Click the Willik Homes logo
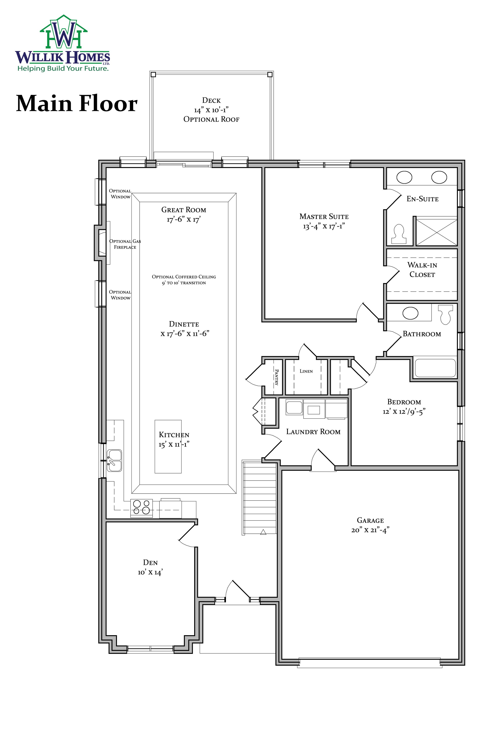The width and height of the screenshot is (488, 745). [x=63, y=43]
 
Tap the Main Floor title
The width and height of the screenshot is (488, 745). [x=77, y=103]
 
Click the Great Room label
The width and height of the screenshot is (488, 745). [x=184, y=210]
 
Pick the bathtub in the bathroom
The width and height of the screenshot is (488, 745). [x=435, y=368]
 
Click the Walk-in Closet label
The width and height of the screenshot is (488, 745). [x=422, y=269]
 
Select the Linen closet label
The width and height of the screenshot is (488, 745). [x=306, y=371]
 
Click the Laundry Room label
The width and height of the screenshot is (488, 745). [x=313, y=432]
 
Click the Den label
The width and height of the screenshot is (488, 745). [x=150, y=562]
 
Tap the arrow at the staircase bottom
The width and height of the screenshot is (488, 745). [x=263, y=532]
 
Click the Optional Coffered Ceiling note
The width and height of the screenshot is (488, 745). [x=184, y=280]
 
